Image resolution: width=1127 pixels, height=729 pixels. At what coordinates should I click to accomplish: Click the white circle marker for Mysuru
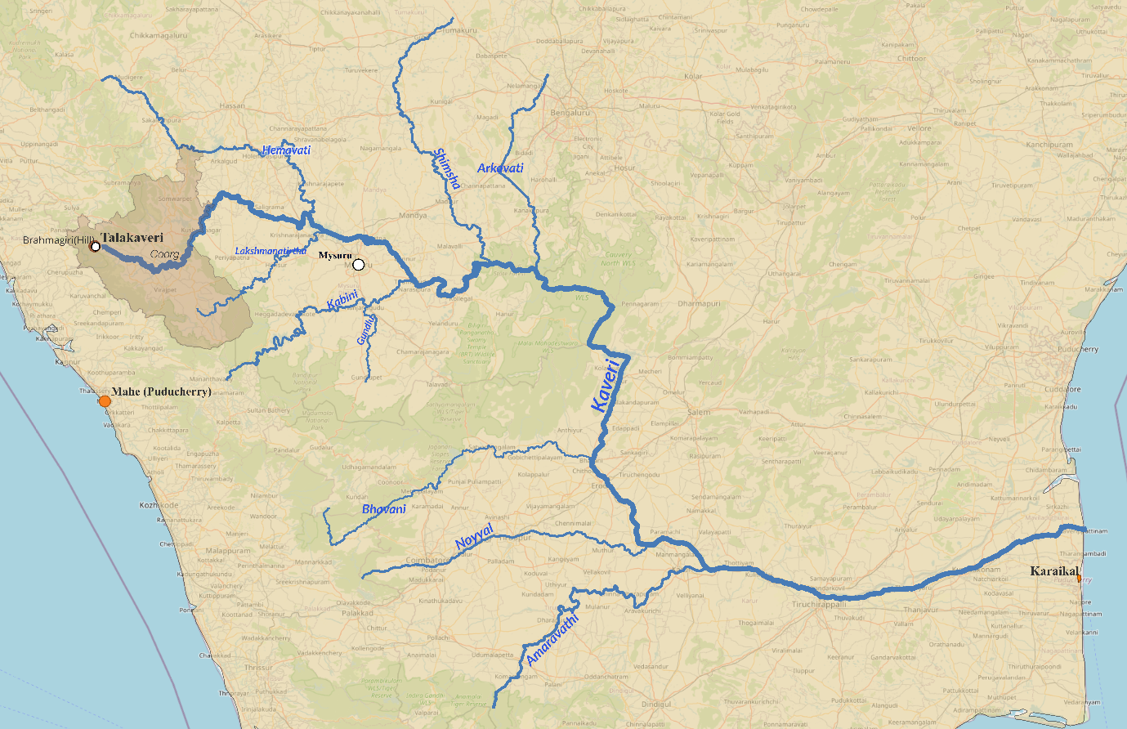tap(358, 265)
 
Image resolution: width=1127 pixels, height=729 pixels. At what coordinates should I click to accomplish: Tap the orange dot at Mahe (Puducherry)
tap(105, 401)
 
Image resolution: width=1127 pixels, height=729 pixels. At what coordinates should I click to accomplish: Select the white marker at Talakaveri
tap(96, 246)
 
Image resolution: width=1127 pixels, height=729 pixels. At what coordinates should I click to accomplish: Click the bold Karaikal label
tap(1054, 571)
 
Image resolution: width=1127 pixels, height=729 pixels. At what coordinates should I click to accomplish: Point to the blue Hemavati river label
tap(286, 150)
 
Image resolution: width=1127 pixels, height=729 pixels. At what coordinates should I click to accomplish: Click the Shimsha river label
tap(447, 168)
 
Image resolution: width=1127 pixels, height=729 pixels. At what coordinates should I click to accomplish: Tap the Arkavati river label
tap(500, 168)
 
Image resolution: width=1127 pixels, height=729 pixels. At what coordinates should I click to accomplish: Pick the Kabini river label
tap(342, 300)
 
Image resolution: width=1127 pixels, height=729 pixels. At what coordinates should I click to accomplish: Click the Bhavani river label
tap(383, 509)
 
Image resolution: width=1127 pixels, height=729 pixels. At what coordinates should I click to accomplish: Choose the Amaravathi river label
tap(552, 638)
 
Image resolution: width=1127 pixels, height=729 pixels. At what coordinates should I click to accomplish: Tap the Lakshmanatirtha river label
tap(271, 251)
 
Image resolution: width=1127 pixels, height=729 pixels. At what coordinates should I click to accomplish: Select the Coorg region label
tap(164, 254)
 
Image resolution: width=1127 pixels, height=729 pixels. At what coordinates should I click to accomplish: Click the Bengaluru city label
tap(570, 113)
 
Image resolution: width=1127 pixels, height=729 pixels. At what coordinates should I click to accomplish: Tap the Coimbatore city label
tap(427, 561)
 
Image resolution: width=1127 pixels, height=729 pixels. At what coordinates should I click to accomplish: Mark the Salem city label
tap(699, 413)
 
